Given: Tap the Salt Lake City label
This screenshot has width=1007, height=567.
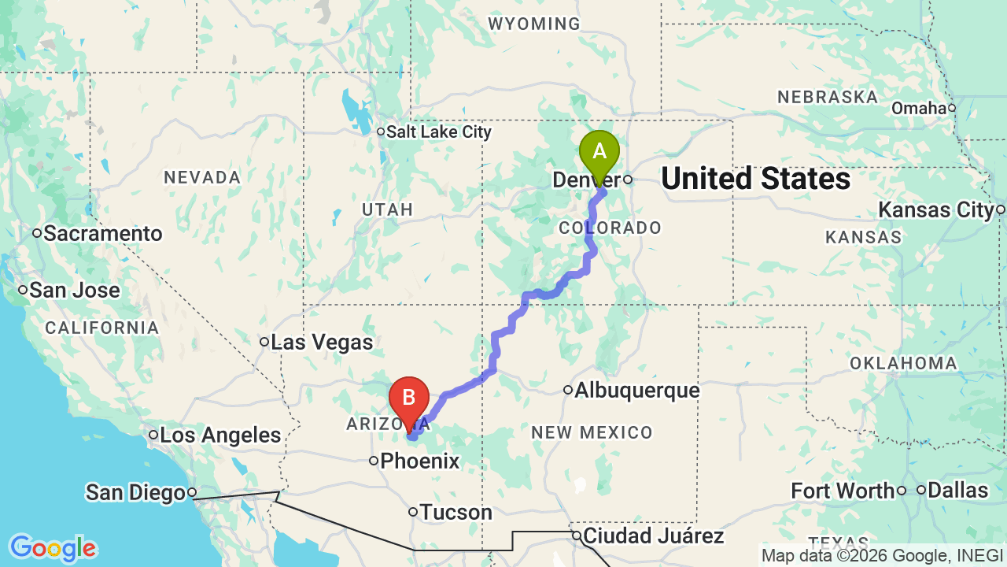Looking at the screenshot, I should click(x=438, y=132).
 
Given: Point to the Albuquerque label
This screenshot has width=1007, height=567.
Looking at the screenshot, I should click(x=636, y=391).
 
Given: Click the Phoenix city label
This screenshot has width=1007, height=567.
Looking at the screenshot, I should click(x=419, y=461).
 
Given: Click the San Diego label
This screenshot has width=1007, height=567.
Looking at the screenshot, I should click(x=135, y=493).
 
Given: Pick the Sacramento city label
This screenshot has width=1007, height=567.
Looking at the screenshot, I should click(x=102, y=234).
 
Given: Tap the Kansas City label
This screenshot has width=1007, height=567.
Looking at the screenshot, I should click(x=936, y=210).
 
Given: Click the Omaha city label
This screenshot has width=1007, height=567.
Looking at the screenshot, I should click(x=919, y=109).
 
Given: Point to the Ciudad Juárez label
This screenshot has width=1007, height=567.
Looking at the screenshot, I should click(x=653, y=536).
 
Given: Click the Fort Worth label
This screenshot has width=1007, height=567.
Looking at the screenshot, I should click(x=843, y=491).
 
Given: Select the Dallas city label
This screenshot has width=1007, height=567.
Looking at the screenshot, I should click(x=957, y=491).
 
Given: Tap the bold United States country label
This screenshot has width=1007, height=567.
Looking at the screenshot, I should click(x=755, y=180).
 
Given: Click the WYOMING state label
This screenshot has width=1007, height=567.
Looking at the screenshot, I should click(x=534, y=24).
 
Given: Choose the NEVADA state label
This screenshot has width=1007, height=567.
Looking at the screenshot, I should click(x=202, y=178).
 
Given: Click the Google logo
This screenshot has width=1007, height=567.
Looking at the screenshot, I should click(x=53, y=548).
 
